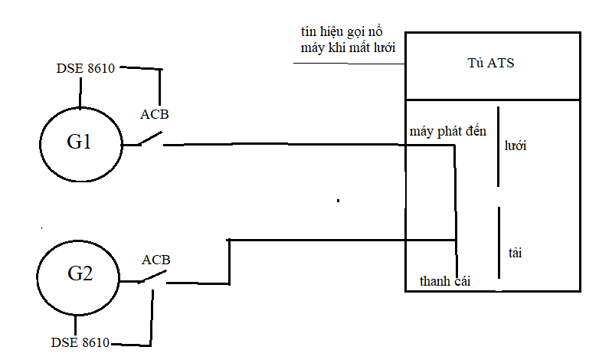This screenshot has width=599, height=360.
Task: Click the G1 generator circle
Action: pyautogui.click(x=40, y=145)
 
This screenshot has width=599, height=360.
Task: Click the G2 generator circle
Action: pyautogui.click(x=37, y=278)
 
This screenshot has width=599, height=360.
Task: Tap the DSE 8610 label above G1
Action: pyautogui.click(x=86, y=68)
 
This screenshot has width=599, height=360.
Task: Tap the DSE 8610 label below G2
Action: pyautogui.click(x=80, y=342)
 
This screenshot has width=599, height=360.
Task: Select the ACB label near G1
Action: pyautogui.click(x=154, y=114)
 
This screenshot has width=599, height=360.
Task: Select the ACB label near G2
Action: pyautogui.click(x=155, y=260)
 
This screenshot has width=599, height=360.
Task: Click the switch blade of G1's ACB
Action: pyautogui.click(x=150, y=139)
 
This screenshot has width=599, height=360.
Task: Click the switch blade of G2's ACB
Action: pyautogui.click(x=152, y=277)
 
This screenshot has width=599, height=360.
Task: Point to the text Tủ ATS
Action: pyautogui.click(x=491, y=63)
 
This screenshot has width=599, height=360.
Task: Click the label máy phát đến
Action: pyautogui.click(x=448, y=132)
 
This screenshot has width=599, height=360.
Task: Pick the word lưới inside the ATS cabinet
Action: pyautogui.click(x=516, y=146)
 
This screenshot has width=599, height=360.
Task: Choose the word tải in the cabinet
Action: pyautogui.click(x=515, y=253)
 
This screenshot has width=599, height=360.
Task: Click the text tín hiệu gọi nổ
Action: pyautogui.click(x=342, y=32)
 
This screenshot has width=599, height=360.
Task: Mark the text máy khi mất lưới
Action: pyautogui.click(x=348, y=48)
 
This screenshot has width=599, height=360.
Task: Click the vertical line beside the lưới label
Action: pyautogui.click(x=498, y=147)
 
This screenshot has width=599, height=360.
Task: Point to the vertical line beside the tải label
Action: pyautogui.click(x=499, y=243)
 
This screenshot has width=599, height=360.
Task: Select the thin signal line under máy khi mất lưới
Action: pyautogui.click(x=349, y=64)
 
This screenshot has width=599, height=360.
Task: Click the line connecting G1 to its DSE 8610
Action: pyautogui.click(x=80, y=93)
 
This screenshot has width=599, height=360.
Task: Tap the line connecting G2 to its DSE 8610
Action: pyautogui.click(x=75, y=326)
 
